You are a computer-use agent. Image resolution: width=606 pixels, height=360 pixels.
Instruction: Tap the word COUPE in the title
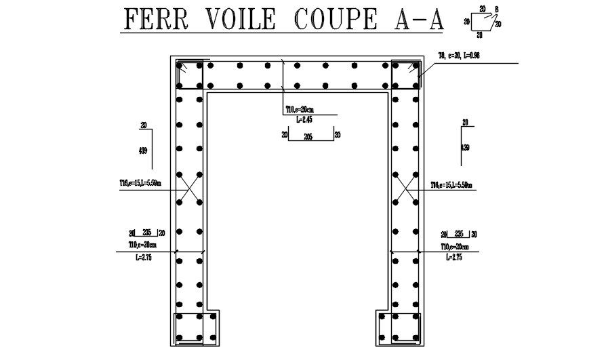tap(335, 20)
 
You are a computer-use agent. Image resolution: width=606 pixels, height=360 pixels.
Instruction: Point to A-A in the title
tap(417, 20)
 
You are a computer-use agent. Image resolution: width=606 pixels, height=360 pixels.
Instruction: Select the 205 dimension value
tap(308, 136)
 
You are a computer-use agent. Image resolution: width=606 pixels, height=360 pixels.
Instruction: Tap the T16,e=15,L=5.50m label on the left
tap(140, 183)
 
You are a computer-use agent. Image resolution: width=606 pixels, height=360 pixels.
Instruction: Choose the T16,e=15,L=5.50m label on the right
tap(451, 184)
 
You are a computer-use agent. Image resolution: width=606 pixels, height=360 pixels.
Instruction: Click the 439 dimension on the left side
tap(143, 151)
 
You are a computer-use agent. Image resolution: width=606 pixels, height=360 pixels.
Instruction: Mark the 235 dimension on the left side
tap(146, 233)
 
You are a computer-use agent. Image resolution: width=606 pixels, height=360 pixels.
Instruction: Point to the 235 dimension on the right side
tap(458, 234)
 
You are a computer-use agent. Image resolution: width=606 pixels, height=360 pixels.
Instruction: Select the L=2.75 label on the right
tap(453, 258)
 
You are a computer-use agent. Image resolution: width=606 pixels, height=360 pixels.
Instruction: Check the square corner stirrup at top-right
tap(406, 74)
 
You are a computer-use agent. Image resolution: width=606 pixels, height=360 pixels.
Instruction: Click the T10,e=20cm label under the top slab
tap(300, 109)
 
